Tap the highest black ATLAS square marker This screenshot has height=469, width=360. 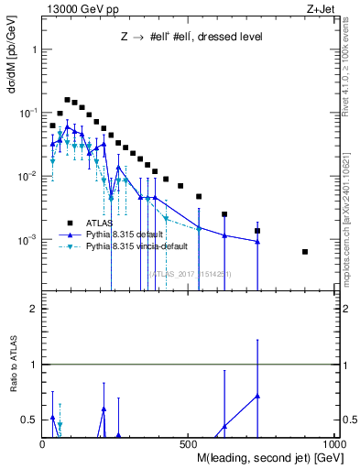[67, 100]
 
